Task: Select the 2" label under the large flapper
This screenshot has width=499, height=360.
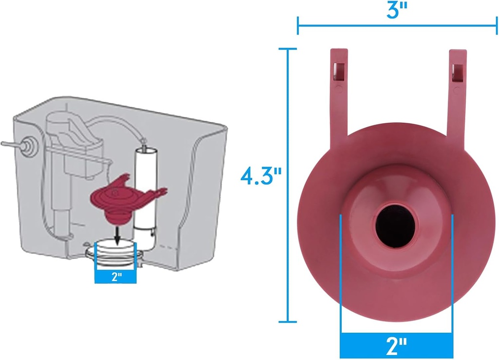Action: [x=396, y=347]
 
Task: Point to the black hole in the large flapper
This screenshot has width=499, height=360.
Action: [x=395, y=225]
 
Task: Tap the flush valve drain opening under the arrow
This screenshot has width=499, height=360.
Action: [x=115, y=248]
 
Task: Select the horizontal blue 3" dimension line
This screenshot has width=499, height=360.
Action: [x=397, y=26]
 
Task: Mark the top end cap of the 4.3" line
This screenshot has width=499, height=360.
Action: [x=288, y=49]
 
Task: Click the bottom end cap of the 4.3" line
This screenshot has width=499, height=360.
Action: [x=288, y=322]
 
